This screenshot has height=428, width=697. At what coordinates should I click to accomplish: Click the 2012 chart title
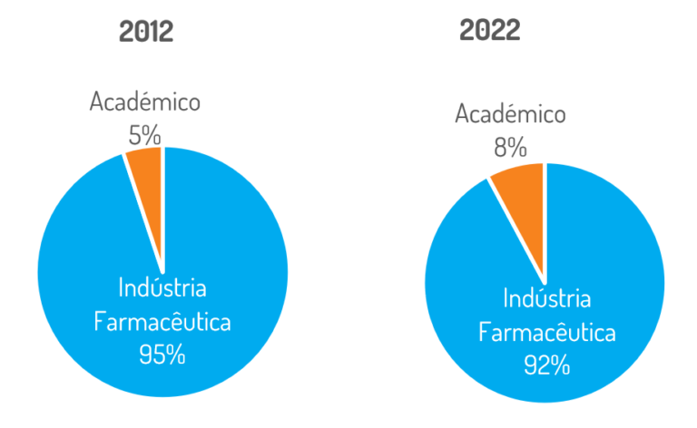tap(146, 32)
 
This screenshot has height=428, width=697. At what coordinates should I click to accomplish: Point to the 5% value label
tap(144, 136)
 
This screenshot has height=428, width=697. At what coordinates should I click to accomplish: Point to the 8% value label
tap(510, 146)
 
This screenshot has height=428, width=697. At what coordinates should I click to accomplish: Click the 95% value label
tap(162, 354)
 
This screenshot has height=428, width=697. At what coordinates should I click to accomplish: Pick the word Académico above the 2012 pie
tap(144, 102)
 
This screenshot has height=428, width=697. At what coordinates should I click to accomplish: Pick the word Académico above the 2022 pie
tap(510, 114)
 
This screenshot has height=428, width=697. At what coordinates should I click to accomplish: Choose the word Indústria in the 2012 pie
tap(162, 288)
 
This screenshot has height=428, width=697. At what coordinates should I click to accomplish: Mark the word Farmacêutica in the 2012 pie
tap(162, 321)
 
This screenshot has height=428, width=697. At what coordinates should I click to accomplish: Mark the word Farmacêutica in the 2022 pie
tap(547, 332)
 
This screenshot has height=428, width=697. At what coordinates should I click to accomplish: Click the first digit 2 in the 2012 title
tap(127, 32)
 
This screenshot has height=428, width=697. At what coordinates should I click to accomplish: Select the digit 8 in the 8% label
tap(502, 146)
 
